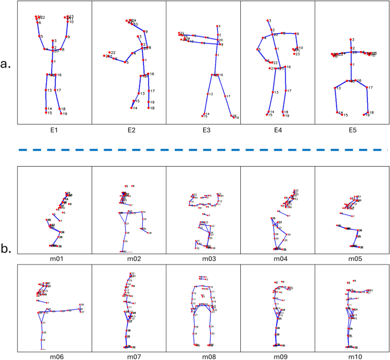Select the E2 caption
pyautogui.click(x=129, y=130)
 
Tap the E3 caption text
pyautogui.click(x=203, y=130)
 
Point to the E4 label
pyautogui.click(x=278, y=130)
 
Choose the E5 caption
pyautogui.click(x=352, y=130)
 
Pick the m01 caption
pyautogui.click(x=55, y=259)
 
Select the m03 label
pyautogui.click(x=203, y=259)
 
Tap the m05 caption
pyautogui.click(x=352, y=259)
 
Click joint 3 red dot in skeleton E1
pyautogui.click(x=53, y=41)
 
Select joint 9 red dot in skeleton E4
pyautogui.click(x=295, y=34)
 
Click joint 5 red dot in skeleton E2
pyautogui.click(x=126, y=61)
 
